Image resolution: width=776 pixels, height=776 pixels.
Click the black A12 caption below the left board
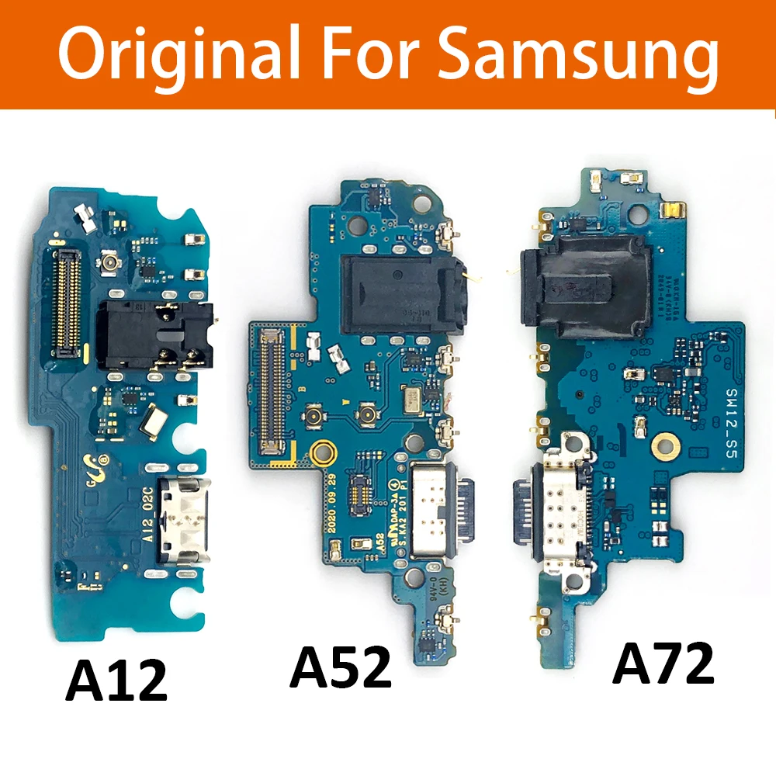click(117, 680)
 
